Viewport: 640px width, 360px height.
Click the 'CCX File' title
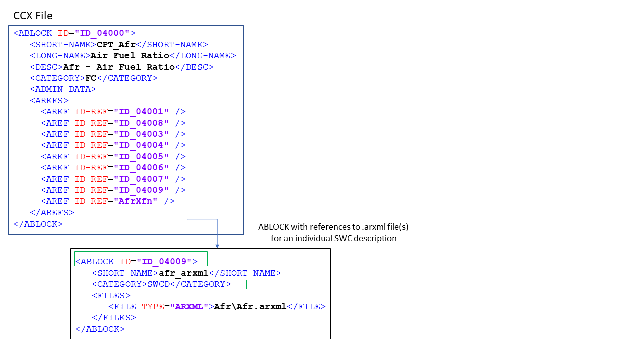[x=33, y=16]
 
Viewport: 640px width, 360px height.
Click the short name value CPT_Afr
[x=116, y=45]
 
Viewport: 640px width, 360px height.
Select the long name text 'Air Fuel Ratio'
[x=130, y=56]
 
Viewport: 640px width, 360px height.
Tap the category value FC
[x=91, y=78]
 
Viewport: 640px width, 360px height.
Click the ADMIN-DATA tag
[x=63, y=89]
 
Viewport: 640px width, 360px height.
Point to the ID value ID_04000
[x=102, y=33]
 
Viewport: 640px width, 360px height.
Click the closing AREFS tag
[x=52, y=213]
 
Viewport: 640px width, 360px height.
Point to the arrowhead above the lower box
[x=217, y=245]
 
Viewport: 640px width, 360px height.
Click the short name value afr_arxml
[x=183, y=273]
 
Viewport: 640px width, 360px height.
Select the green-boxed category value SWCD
[x=158, y=284]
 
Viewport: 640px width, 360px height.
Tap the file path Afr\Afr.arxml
[x=250, y=307]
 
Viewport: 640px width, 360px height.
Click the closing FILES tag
[x=114, y=318]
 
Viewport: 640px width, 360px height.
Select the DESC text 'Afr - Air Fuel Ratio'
[x=119, y=67]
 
